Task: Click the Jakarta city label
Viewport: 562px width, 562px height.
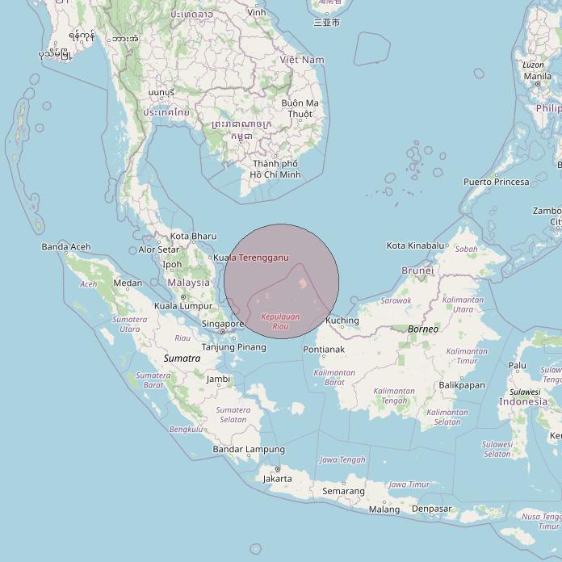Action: [x=278, y=479]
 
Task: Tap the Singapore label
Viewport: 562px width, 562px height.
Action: [x=222, y=324]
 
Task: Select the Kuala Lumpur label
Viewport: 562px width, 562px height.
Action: [x=182, y=306]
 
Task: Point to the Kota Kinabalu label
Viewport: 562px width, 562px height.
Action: [x=416, y=245]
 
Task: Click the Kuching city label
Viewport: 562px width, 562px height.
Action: [x=342, y=321]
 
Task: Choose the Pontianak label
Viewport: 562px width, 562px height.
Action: [x=324, y=350]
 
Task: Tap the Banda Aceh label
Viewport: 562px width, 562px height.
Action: [x=66, y=247]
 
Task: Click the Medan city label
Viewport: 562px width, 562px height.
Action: [x=128, y=283]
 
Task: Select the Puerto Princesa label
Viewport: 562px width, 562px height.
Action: [x=496, y=182]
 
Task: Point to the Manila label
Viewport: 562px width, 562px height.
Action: [x=538, y=77]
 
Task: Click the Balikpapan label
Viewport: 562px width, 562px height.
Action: [x=461, y=385]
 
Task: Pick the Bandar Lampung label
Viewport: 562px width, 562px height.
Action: [x=249, y=449]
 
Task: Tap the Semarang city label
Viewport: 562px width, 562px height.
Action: [x=343, y=491]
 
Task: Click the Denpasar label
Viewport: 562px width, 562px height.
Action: [x=431, y=509]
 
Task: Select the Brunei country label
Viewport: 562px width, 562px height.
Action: [x=417, y=271]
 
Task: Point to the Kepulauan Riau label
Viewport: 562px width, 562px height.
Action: [x=281, y=321]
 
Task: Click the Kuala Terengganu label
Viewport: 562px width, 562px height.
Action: [x=251, y=258]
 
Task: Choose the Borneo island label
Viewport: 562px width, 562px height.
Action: [x=422, y=329]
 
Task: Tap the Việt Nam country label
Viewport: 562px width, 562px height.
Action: [x=302, y=60]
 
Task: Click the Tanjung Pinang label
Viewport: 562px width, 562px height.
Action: [x=233, y=347]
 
